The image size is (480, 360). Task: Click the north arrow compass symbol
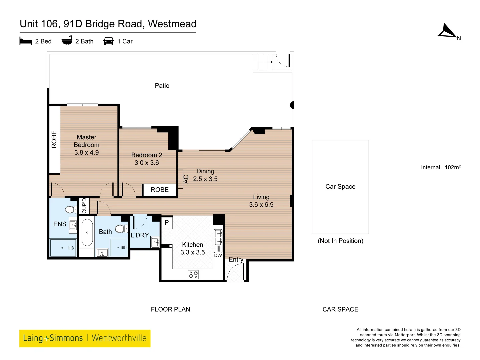pyautogui.click(x=447, y=31)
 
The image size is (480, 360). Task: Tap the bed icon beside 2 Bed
pyautogui.click(x=26, y=41)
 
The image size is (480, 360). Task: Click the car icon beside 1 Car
pyautogui.click(x=109, y=41)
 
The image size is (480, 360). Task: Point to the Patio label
pyautogui.click(x=162, y=86)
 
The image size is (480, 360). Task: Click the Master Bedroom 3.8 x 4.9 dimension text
pyautogui.click(x=87, y=153)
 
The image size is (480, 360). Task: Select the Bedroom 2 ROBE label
pyautogui.click(x=160, y=190)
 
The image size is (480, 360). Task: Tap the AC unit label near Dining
pyautogui.click(x=186, y=179)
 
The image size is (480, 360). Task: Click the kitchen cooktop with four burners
pyautogui.click(x=193, y=274)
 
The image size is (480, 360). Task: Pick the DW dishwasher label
pyautogui.click(x=218, y=256)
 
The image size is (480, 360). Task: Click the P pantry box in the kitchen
pyautogui.click(x=167, y=223)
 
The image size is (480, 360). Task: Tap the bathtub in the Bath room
pyautogui.click(x=87, y=232)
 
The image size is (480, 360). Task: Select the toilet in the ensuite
pyautogui.click(x=71, y=209)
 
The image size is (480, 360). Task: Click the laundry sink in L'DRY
pyautogui.click(x=155, y=242)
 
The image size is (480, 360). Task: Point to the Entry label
pyautogui.click(x=236, y=259)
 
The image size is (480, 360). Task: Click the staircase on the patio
pyautogui.click(x=263, y=62)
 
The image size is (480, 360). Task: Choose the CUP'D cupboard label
pyautogui.click(x=84, y=206)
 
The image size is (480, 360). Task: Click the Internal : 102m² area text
pyautogui.click(x=440, y=167)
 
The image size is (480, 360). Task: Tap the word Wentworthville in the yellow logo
pyautogui.click(x=119, y=338)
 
